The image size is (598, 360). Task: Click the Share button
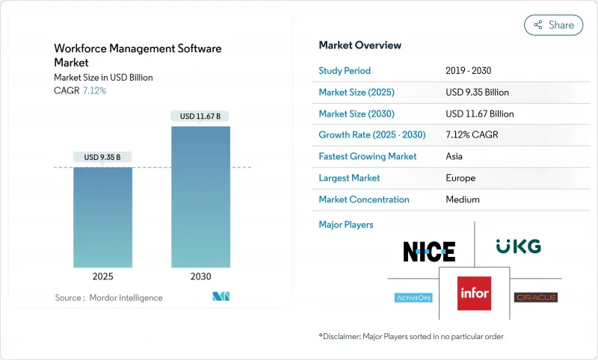click(x=554, y=25)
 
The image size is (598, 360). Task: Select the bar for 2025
click(x=102, y=217)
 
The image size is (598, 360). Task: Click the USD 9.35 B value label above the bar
click(x=102, y=157)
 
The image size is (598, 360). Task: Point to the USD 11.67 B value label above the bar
click(x=200, y=116)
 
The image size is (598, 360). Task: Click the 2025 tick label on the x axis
click(x=102, y=276)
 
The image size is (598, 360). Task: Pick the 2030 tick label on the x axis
click(x=200, y=276)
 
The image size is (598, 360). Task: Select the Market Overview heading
click(x=360, y=45)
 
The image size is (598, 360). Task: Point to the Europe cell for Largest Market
click(x=460, y=179)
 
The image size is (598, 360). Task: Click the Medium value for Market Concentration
click(x=462, y=199)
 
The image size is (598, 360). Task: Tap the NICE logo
click(x=429, y=251)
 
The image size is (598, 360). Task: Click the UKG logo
click(x=518, y=246)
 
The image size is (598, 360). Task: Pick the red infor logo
click(x=475, y=292)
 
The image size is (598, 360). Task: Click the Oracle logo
click(x=536, y=297)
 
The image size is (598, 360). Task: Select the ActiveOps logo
click(x=413, y=297)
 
